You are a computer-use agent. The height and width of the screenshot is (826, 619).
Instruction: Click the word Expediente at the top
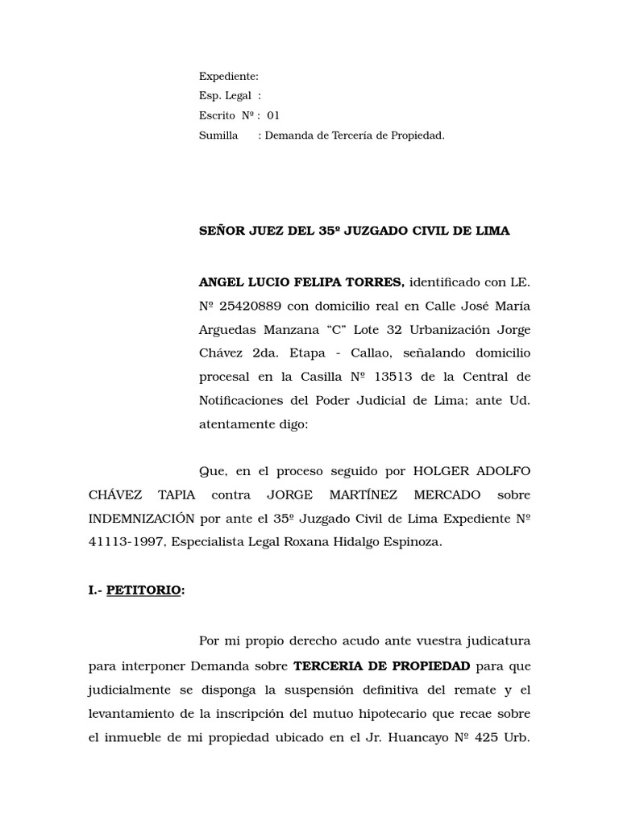(229, 77)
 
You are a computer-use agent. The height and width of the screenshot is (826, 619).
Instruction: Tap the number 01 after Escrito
(273, 115)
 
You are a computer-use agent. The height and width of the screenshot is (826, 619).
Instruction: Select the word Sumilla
(218, 136)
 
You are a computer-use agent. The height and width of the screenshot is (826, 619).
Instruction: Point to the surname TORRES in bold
(376, 282)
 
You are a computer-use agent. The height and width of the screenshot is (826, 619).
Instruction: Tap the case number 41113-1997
(127, 542)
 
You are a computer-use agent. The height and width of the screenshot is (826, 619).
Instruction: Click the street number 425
(484, 738)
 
